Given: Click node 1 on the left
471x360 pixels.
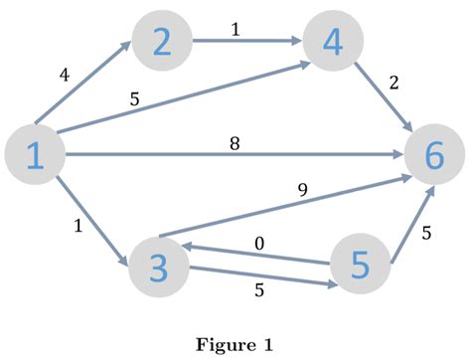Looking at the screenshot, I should [x=34, y=156].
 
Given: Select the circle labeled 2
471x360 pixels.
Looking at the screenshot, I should [x=161, y=42].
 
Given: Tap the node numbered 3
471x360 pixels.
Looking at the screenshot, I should [x=159, y=266].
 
